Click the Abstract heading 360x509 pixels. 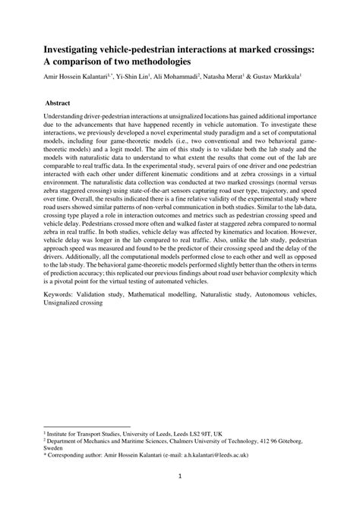tap(58, 100)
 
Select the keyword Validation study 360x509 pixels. tap(107, 293)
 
